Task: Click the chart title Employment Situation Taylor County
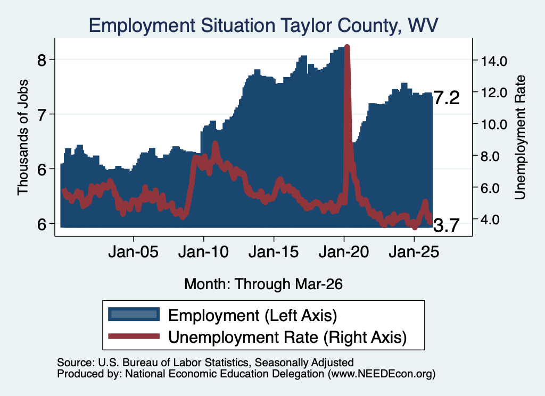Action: (243, 26)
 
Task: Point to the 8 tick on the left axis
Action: (42, 61)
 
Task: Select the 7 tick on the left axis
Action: (42, 115)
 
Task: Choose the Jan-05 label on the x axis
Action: (134, 252)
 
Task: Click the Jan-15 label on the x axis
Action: (274, 252)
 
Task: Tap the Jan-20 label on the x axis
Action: (344, 252)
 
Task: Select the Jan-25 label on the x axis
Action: (414, 252)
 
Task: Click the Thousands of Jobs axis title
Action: (22, 138)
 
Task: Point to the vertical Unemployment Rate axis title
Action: (520, 138)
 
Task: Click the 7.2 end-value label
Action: (447, 98)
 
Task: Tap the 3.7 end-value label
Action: (447, 225)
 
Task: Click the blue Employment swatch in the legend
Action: (134, 315)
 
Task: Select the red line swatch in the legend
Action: (134, 336)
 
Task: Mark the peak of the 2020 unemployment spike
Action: (346, 46)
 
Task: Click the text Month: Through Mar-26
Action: (263, 284)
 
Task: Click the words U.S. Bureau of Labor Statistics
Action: (173, 363)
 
